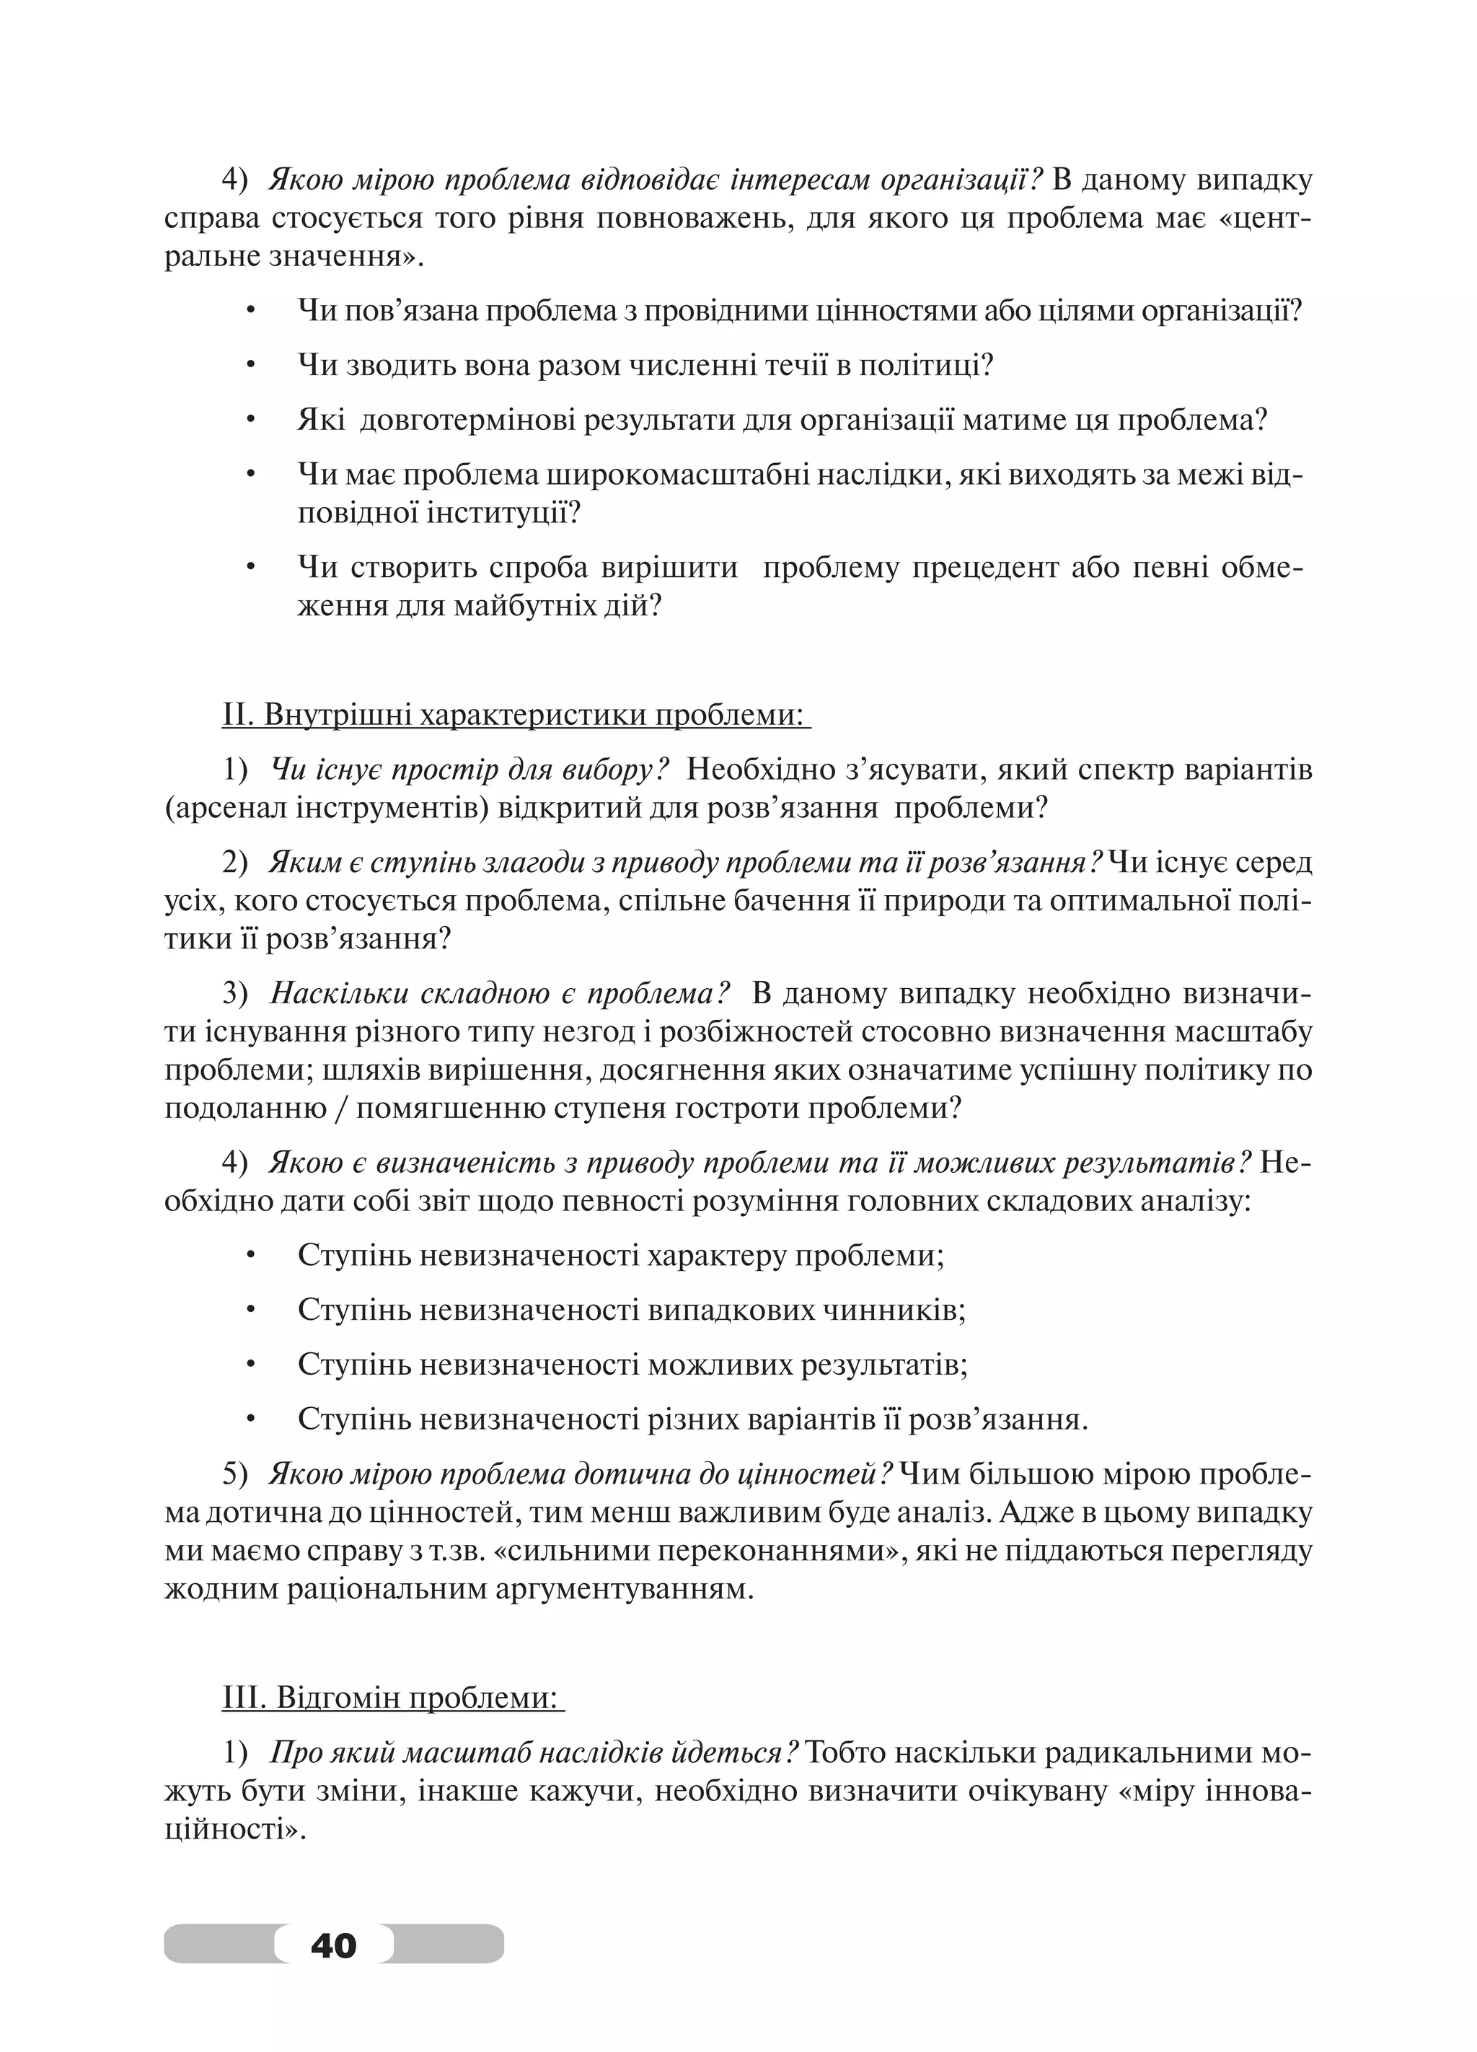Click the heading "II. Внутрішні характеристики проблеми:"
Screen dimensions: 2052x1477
[516, 715]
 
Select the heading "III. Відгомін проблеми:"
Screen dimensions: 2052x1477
[392, 1699]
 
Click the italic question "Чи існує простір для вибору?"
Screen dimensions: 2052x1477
[469, 770]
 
